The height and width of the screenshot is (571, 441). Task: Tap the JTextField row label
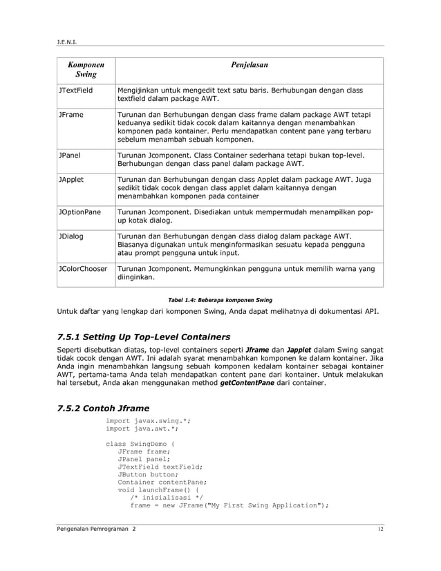[75, 90]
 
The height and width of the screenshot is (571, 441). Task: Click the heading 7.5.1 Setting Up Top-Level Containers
[143, 337]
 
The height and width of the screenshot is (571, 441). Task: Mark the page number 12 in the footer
[380, 530]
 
